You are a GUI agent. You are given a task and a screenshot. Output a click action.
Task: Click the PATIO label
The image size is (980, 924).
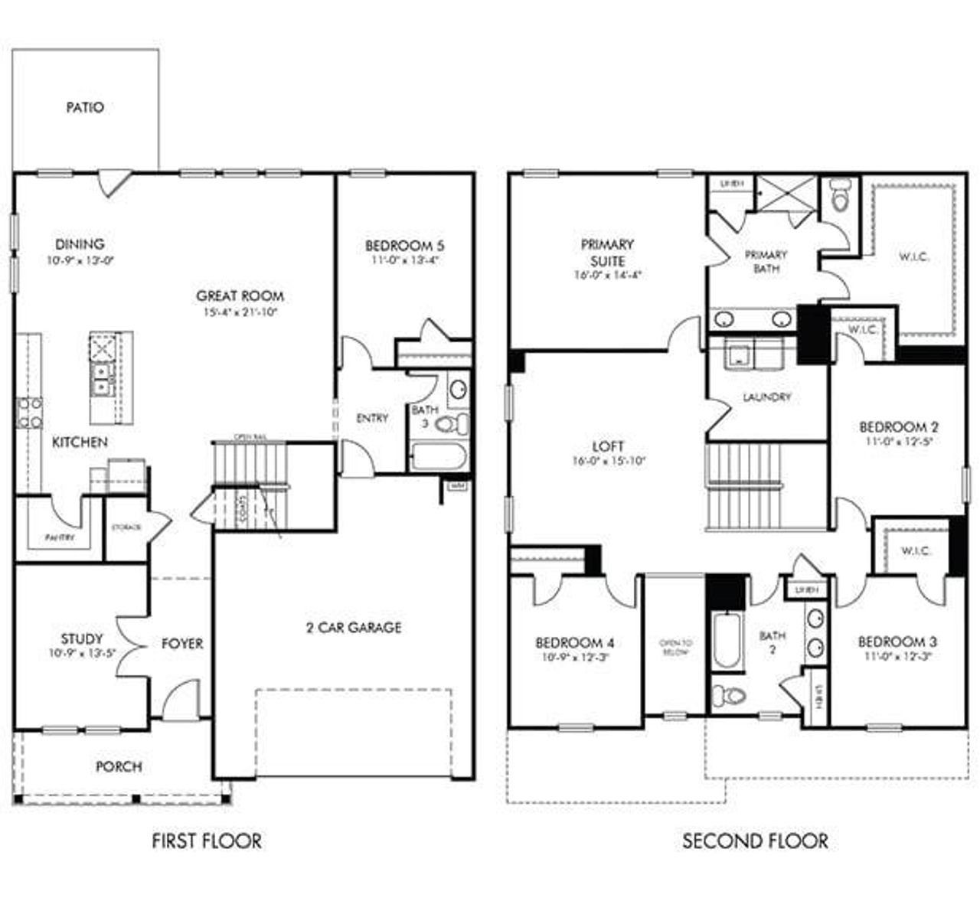(85, 108)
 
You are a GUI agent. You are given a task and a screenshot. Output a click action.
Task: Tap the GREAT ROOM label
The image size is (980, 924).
(240, 296)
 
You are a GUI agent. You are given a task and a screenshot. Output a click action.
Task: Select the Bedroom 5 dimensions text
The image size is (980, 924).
(405, 260)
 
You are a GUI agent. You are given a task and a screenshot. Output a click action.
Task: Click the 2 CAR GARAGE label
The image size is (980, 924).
(354, 628)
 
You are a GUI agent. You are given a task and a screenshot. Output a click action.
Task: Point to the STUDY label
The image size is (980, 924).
(82, 638)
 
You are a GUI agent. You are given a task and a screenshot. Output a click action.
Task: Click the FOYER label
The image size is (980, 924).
(182, 644)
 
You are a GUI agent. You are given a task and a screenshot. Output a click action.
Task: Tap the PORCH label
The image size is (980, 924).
(119, 766)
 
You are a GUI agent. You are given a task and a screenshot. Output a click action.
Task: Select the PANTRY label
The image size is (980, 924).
(60, 538)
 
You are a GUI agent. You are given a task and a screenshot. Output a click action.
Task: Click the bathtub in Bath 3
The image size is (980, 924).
(438, 457)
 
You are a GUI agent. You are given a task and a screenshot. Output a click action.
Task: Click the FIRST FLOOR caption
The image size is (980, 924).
(207, 841)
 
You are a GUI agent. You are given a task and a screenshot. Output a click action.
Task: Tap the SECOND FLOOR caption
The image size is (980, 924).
(755, 841)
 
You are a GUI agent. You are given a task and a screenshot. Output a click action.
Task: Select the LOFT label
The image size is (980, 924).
(608, 446)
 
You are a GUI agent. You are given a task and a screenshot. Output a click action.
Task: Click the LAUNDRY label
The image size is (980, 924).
(766, 397)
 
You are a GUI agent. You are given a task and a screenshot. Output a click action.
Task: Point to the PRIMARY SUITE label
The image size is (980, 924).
(607, 252)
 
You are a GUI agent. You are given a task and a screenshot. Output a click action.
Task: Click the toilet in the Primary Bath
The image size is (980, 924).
(841, 197)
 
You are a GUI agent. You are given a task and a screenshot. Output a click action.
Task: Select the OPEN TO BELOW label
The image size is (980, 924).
(675, 648)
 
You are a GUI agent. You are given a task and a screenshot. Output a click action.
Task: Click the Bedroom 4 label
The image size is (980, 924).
(574, 642)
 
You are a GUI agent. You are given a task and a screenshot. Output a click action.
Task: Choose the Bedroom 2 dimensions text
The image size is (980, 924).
(899, 442)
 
